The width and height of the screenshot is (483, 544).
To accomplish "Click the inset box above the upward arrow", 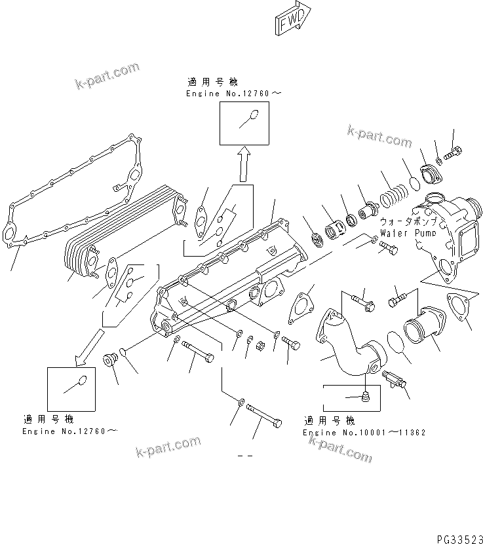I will [244, 122].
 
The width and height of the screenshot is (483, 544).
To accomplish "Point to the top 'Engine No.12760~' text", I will [233, 94].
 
